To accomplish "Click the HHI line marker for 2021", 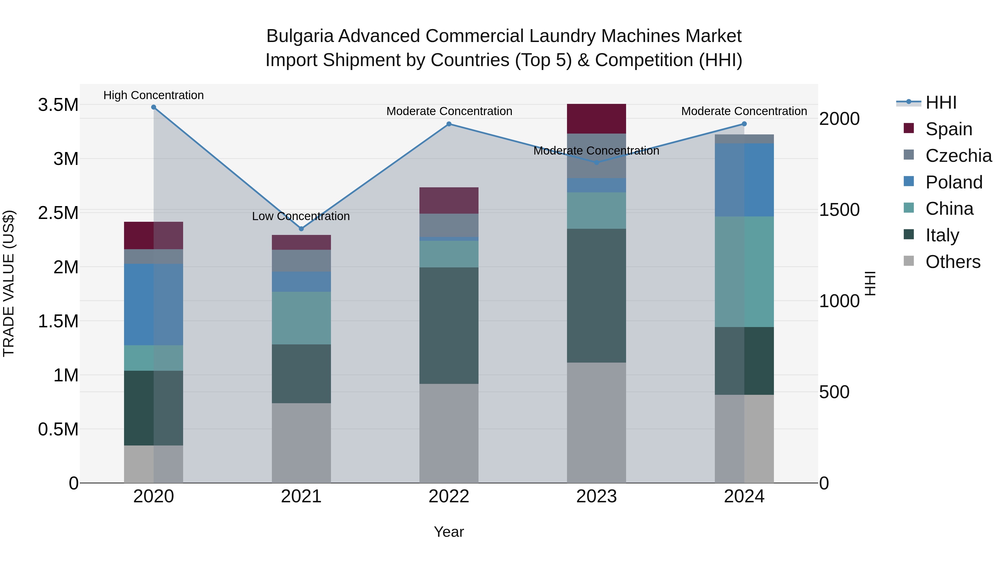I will [301, 228].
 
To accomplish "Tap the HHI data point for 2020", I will [153, 107].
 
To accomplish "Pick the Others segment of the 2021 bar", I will [301, 443].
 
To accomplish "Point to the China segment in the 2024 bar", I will [744, 272].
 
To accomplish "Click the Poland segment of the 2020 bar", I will [153, 304].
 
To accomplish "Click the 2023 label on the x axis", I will [596, 496].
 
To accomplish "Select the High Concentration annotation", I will [153, 95].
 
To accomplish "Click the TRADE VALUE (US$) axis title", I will [9, 283].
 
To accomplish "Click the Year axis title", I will [449, 532].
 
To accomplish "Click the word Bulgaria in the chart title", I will [300, 36].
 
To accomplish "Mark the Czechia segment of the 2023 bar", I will [596, 156].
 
